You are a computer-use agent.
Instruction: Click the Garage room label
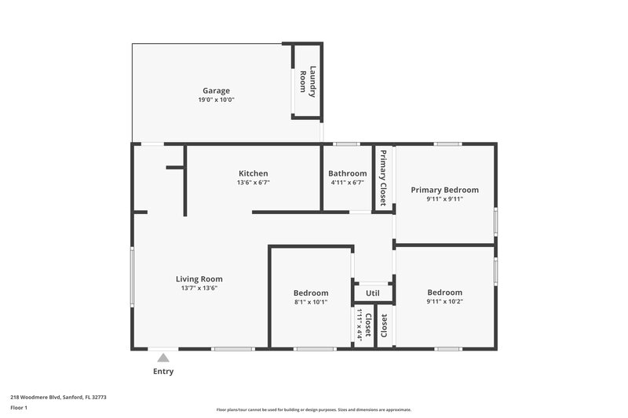click(x=216, y=90)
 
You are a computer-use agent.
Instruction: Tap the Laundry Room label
click(x=308, y=82)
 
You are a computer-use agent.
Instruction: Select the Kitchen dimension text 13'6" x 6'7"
click(x=254, y=183)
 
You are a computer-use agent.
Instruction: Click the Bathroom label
click(x=347, y=173)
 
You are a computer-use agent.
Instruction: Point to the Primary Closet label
click(x=383, y=177)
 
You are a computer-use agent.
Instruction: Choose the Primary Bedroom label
click(x=444, y=190)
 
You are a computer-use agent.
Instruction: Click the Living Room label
click(x=199, y=278)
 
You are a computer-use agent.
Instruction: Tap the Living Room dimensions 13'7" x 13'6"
click(x=199, y=288)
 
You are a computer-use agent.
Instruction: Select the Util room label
click(x=373, y=293)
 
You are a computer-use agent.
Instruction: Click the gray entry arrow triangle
click(x=163, y=358)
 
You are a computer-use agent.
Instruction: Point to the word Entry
click(x=163, y=371)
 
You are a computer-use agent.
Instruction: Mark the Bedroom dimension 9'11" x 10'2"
click(x=444, y=302)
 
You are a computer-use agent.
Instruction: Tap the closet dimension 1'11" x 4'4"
click(x=360, y=322)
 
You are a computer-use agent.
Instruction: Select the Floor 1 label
click(x=20, y=408)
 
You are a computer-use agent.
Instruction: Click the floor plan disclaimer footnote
click(x=313, y=409)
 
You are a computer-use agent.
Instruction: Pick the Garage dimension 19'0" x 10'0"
click(x=216, y=100)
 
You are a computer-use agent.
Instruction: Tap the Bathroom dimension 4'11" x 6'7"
click(x=347, y=183)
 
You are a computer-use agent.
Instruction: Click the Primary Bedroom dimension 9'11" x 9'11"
click(x=444, y=199)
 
